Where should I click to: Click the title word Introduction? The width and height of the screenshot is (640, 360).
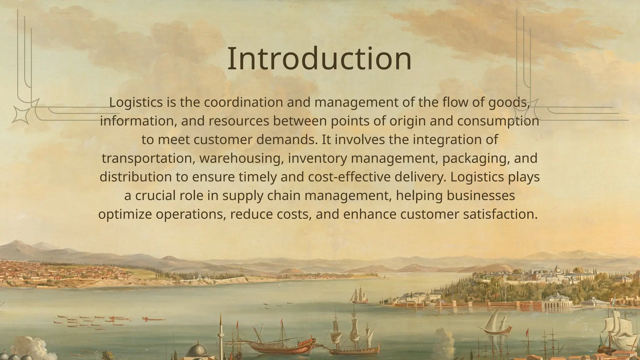[x=319, y=59]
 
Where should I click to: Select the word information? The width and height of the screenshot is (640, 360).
[x=138, y=121]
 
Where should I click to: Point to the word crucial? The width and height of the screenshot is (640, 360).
[x=155, y=196]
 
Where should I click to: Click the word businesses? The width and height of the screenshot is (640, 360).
[x=481, y=196]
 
